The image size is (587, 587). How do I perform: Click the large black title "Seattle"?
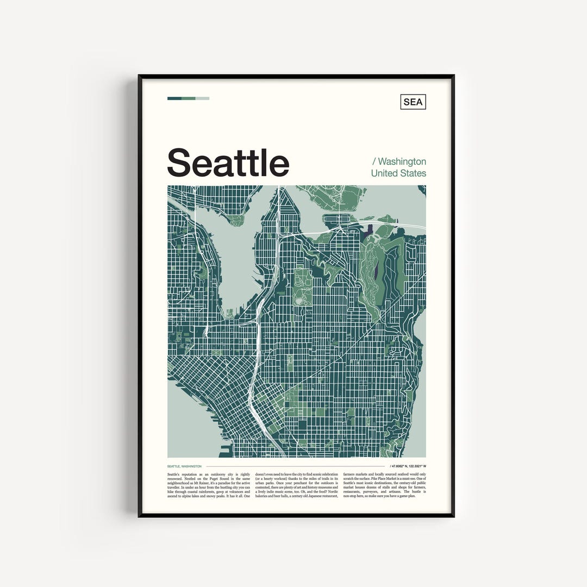click(x=228, y=163)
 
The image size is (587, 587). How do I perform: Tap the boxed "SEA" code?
click(x=413, y=102)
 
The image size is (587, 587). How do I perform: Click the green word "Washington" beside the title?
click(x=402, y=161)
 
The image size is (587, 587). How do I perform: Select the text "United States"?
click(x=398, y=173)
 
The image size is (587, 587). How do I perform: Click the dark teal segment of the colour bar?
click(x=174, y=98)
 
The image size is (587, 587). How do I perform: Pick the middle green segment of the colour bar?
click(x=189, y=98)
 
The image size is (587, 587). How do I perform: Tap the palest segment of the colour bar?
click(x=202, y=98)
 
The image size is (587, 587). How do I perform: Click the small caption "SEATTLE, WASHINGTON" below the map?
click(x=184, y=466)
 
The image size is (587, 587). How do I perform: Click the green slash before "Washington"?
click(x=373, y=161)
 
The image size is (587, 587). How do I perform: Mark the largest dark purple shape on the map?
click(x=370, y=230)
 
